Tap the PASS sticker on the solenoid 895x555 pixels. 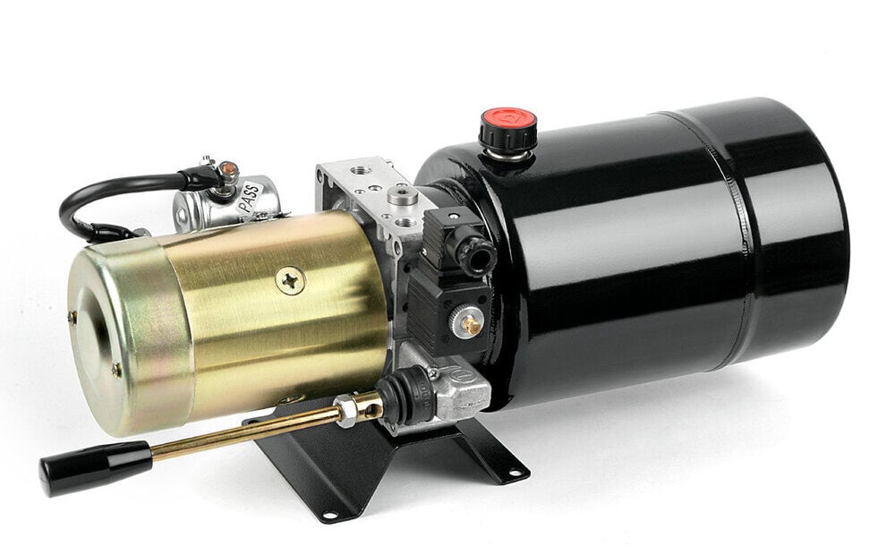tap(250, 198)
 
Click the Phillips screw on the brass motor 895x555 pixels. tap(291, 281)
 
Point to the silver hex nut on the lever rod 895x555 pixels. tap(345, 411)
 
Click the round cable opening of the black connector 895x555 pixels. tap(475, 255)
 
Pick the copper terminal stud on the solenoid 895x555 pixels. tap(228, 169)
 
